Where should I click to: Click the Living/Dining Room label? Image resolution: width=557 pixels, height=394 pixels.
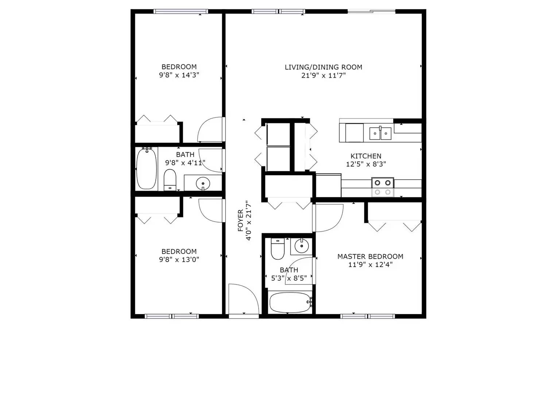pyautogui.click(x=323, y=67)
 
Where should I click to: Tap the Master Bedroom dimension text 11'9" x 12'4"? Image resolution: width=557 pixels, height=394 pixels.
pyautogui.click(x=370, y=265)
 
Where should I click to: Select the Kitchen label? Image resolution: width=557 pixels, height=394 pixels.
pyautogui.click(x=366, y=156)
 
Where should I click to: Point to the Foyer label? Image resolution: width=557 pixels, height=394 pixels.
pyautogui.click(x=240, y=220)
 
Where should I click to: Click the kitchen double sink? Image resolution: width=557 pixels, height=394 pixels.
pyautogui.click(x=380, y=133)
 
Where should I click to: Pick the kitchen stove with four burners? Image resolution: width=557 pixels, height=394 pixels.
pyautogui.click(x=383, y=187)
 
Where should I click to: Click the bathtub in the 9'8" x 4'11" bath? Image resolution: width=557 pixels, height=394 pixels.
pyautogui.click(x=147, y=169)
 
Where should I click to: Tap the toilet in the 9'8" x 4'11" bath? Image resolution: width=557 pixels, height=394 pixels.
pyautogui.click(x=170, y=179)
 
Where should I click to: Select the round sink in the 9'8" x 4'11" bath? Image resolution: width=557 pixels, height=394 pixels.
pyautogui.click(x=202, y=182)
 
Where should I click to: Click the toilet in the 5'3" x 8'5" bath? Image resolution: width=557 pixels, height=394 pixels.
pyautogui.click(x=278, y=248)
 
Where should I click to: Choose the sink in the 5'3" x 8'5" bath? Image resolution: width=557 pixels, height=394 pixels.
pyautogui.click(x=301, y=246)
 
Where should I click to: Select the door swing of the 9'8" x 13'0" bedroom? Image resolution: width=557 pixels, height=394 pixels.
pyautogui.click(x=210, y=210)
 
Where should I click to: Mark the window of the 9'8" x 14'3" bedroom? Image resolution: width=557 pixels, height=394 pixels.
pyautogui.click(x=181, y=12)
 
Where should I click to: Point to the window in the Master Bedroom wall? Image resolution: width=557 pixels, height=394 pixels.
pyautogui.click(x=368, y=316)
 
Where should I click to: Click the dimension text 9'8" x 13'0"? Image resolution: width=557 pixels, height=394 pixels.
pyautogui.click(x=179, y=260)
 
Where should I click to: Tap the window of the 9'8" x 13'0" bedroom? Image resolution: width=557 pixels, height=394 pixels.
pyautogui.click(x=172, y=316)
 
